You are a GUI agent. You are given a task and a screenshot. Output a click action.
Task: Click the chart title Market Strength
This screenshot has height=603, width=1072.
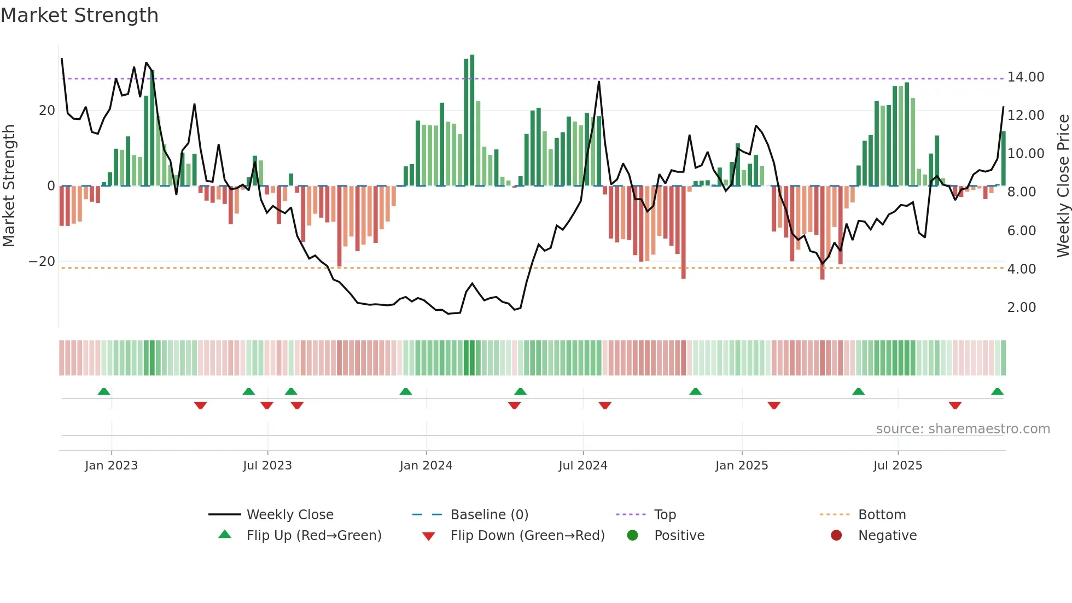(x=79, y=15)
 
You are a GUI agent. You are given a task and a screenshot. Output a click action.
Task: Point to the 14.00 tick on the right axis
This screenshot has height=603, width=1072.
(x=1026, y=77)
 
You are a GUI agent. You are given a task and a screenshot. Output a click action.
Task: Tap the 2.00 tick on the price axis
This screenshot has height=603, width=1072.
(x=1021, y=308)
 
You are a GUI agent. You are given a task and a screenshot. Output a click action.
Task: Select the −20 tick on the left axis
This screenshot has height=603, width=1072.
(x=42, y=262)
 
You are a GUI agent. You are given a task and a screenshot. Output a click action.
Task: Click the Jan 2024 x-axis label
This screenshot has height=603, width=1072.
(x=426, y=466)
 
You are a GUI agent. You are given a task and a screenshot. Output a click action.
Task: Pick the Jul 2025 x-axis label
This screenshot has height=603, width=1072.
(x=898, y=466)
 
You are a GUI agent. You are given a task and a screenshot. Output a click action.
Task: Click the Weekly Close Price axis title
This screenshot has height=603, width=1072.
(x=1063, y=185)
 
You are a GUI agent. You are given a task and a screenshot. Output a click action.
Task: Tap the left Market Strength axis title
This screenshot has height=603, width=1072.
(x=9, y=185)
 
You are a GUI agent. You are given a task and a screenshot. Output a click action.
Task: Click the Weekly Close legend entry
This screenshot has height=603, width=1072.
(x=289, y=515)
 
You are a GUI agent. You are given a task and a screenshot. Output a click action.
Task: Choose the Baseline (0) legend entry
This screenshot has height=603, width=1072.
(x=489, y=515)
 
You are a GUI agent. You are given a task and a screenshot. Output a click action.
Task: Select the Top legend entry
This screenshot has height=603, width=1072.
(x=665, y=515)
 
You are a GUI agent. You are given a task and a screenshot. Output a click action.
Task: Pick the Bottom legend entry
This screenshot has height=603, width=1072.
(x=882, y=515)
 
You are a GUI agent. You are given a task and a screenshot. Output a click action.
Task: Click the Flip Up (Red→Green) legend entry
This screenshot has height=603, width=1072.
(x=313, y=536)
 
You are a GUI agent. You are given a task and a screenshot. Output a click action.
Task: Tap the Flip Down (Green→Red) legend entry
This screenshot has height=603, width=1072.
(x=527, y=536)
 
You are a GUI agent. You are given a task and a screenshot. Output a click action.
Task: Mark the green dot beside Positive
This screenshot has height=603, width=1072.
(x=633, y=536)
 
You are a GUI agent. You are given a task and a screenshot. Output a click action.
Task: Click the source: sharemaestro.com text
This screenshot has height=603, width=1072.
(x=963, y=429)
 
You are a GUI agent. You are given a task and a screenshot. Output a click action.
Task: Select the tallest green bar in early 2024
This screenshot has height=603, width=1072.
(x=472, y=120)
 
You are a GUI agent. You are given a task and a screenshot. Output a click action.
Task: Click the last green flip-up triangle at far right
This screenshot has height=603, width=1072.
(x=997, y=392)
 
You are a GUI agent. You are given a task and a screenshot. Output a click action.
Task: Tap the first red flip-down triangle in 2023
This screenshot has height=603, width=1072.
(x=200, y=405)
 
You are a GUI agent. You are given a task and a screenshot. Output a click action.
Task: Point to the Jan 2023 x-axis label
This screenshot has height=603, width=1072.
(x=111, y=466)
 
